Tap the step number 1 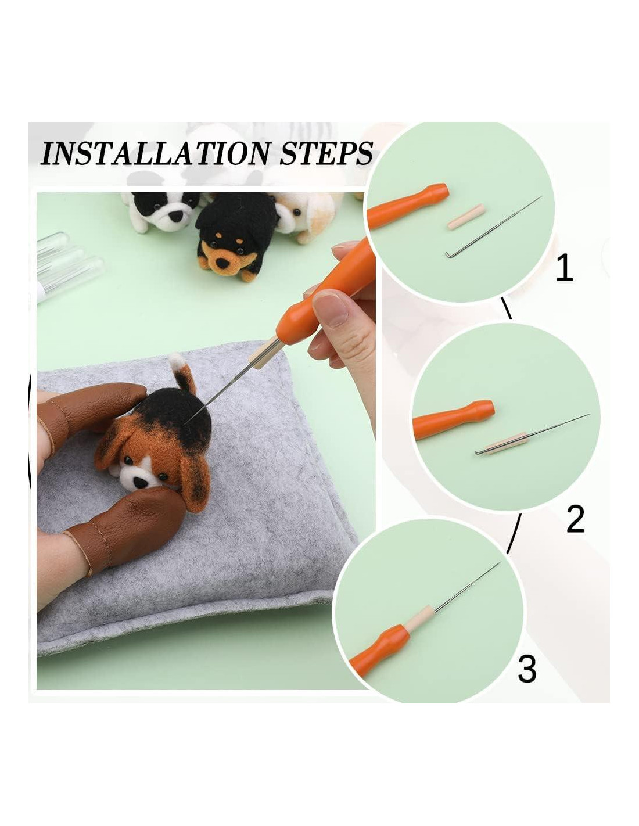(x=564, y=268)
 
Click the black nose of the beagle (x=141, y=483)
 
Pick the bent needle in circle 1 (x=492, y=228)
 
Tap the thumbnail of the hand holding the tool (x=330, y=307)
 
